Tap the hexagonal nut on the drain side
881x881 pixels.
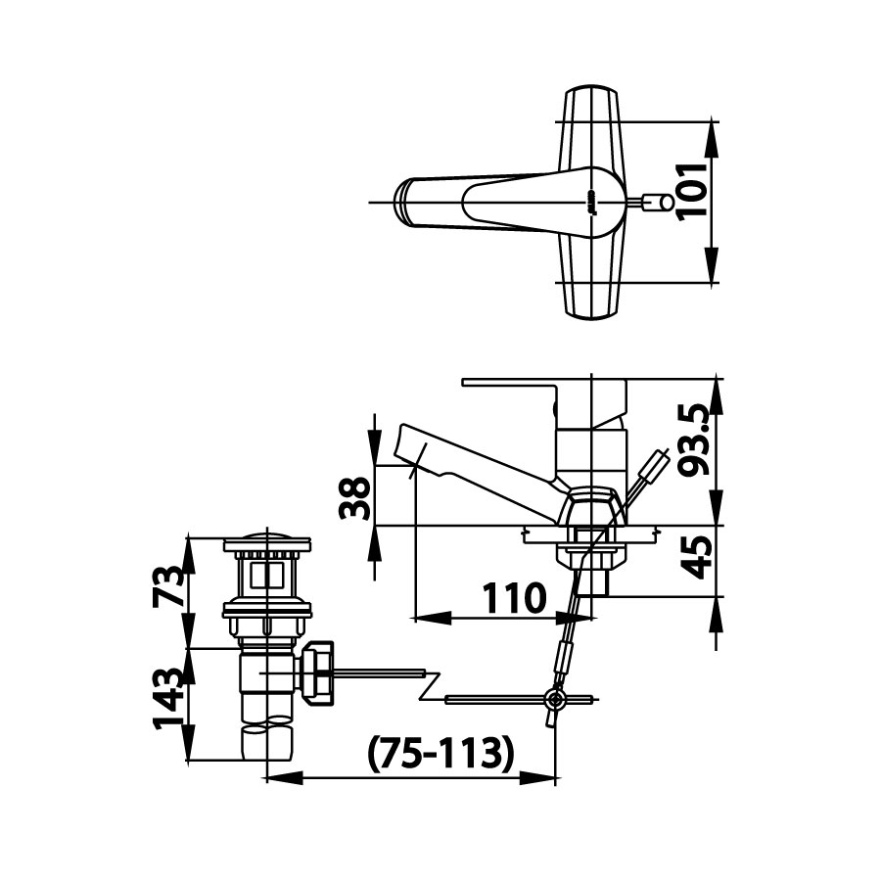pos(318,672)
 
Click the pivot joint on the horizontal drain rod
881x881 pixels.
pos(555,699)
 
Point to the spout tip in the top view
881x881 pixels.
pos(402,202)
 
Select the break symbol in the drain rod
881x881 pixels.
pos(431,685)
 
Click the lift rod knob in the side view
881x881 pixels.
pos(662,460)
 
